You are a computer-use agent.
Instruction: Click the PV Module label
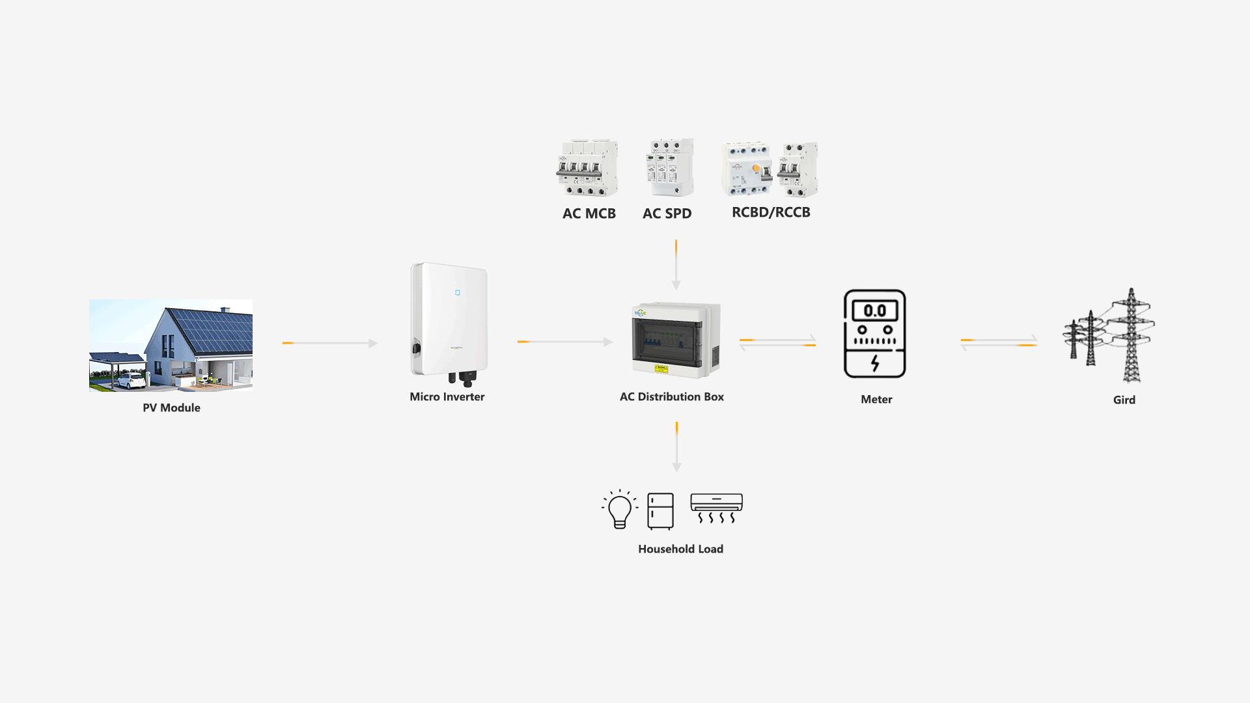click(171, 407)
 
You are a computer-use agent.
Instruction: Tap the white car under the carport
click(131, 380)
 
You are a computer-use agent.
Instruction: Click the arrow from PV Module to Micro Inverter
click(329, 343)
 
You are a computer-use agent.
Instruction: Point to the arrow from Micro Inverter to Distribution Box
click(564, 342)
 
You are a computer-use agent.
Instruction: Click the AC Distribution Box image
click(676, 339)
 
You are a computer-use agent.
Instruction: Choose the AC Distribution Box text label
click(671, 396)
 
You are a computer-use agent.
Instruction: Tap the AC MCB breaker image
click(587, 168)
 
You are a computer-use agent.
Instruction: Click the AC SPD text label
click(667, 214)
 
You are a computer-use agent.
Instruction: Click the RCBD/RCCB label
click(771, 212)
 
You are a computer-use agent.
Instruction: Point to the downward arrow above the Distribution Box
click(676, 264)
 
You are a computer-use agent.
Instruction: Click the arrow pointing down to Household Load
click(676, 447)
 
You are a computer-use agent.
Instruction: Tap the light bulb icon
click(619, 510)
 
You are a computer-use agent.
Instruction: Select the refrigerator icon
click(660, 510)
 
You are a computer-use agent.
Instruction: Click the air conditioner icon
click(716, 508)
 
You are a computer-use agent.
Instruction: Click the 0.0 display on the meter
click(874, 310)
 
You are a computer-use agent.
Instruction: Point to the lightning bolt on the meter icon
click(875, 363)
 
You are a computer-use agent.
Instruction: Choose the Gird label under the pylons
click(1124, 400)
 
